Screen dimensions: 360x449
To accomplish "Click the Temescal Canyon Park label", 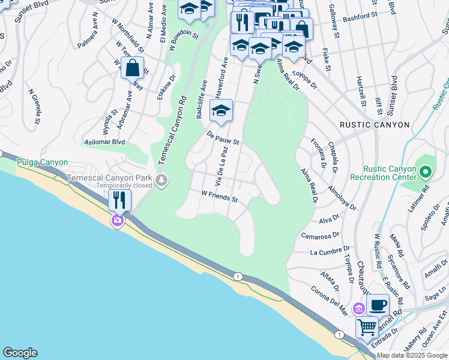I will [109, 178].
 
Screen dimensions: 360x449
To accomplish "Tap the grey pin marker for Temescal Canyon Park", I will [161, 180].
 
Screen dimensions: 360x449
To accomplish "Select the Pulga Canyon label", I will [42, 163].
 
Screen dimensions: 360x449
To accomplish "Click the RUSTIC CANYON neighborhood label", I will [375, 125].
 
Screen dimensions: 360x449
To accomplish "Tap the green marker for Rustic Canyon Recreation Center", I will [426, 173].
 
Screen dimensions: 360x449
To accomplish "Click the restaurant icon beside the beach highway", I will [120, 199].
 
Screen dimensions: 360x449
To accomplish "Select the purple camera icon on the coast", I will [117, 221].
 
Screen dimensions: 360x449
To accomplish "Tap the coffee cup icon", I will [378, 305].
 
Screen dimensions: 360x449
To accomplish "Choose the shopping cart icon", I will [367, 327].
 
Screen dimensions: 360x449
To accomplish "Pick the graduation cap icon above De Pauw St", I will [221, 110].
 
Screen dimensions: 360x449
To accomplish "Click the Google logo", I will [20, 353].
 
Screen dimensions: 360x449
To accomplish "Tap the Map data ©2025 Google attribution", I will [411, 355].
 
